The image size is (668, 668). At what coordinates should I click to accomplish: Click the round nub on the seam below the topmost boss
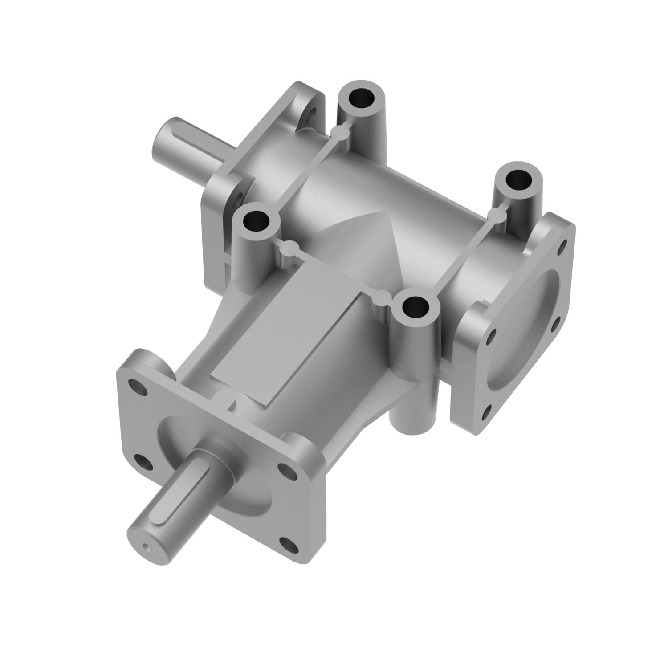point(339,132)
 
